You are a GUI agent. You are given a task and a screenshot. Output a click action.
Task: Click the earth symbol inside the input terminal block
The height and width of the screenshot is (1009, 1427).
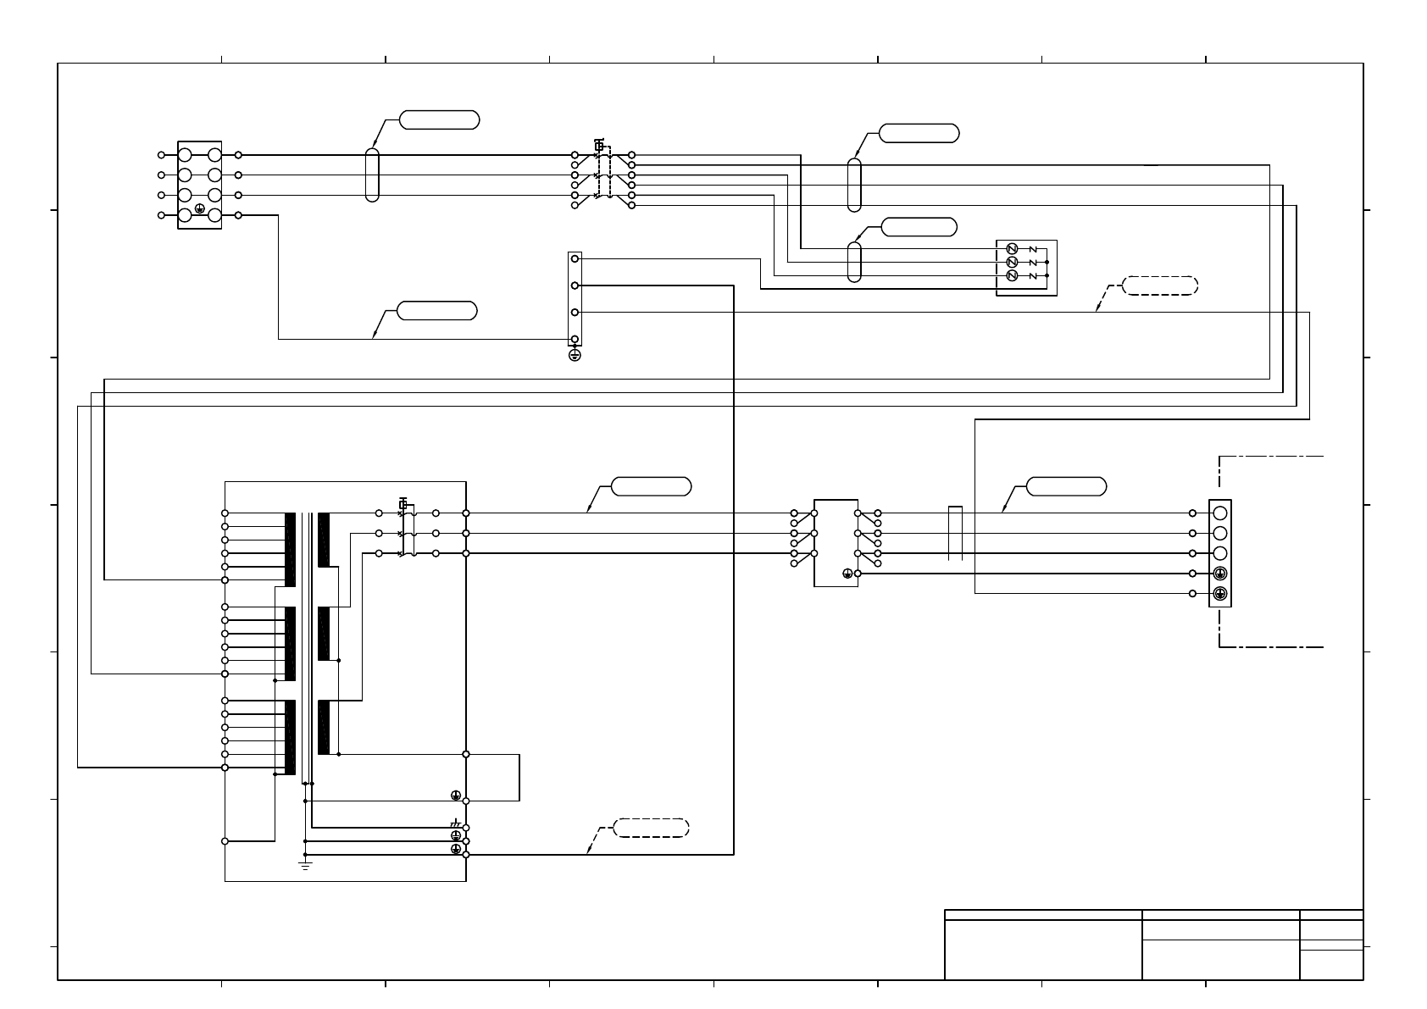tap(199, 208)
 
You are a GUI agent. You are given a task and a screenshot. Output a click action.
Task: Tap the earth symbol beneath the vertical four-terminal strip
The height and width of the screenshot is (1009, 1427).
tap(575, 355)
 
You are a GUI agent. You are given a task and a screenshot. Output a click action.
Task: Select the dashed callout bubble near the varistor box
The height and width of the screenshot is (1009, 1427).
tap(1160, 286)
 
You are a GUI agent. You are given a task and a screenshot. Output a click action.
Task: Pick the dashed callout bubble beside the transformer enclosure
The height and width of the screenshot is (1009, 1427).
tap(651, 828)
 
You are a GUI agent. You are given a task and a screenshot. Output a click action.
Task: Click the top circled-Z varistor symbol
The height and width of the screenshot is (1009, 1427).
tap(1011, 248)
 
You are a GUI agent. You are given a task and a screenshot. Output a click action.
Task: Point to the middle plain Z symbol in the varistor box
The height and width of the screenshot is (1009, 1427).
tap(1032, 263)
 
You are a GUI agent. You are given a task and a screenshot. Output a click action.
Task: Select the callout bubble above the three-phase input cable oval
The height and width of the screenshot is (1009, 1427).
tap(439, 119)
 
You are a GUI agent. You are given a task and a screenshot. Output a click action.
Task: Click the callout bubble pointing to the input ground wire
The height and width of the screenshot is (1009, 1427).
tap(437, 311)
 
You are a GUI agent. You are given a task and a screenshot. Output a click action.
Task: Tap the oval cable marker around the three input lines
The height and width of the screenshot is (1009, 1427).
tap(372, 175)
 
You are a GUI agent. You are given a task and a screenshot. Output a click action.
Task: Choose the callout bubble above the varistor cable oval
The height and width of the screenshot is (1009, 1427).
tap(919, 227)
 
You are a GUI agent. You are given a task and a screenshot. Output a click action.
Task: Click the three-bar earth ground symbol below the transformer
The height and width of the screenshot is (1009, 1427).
tap(306, 864)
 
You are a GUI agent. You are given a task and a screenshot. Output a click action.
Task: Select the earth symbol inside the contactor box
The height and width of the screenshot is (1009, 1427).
tap(847, 574)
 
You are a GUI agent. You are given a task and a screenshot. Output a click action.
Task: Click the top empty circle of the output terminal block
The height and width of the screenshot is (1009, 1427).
tap(1220, 513)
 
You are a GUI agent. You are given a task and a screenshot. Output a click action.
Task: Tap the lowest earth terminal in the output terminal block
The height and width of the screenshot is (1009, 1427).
tap(1220, 594)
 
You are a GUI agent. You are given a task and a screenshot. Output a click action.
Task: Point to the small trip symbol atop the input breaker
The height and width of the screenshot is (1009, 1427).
tap(599, 145)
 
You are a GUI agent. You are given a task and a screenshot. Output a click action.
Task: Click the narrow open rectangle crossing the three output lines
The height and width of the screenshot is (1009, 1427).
tap(955, 534)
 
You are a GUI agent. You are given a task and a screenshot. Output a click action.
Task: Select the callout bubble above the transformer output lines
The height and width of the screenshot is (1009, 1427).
tap(651, 486)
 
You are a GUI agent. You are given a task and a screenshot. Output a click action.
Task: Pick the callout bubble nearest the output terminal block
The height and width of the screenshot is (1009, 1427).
tap(1066, 486)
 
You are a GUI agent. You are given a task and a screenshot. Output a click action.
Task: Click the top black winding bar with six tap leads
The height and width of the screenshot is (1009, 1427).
tap(290, 550)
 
